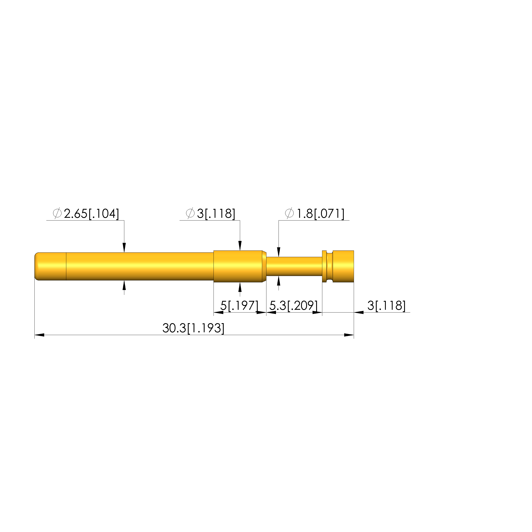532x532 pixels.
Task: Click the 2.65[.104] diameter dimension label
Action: pos(91,214)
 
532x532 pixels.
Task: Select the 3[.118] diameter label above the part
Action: pos(216,214)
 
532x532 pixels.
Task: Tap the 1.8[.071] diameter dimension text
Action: pos(320,214)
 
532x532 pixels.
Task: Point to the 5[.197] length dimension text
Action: pos(239,306)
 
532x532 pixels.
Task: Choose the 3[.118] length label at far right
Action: pos(386,306)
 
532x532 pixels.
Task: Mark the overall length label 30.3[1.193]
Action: pos(193,328)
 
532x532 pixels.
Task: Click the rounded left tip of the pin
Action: pos(36,266)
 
